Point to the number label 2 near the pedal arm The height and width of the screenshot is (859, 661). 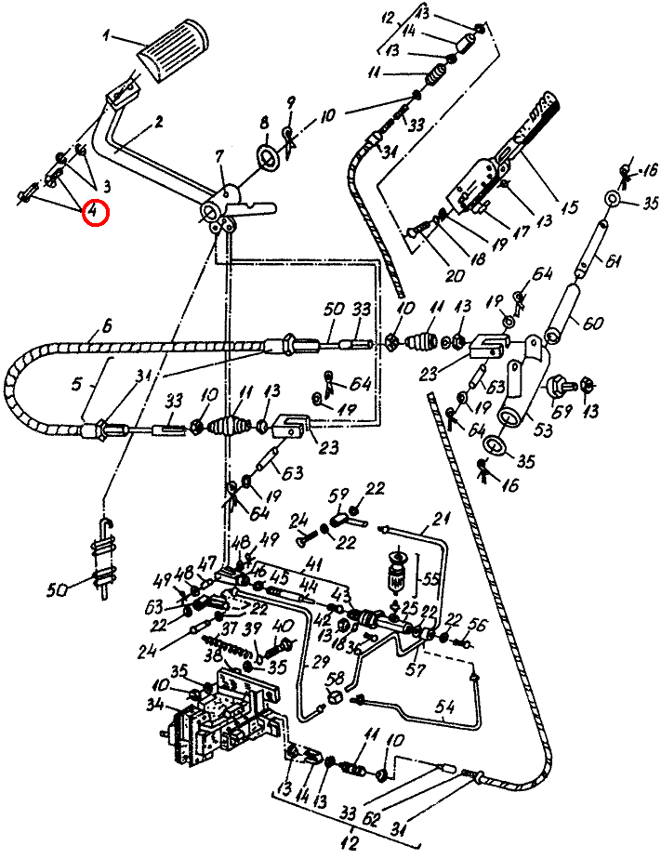pyautogui.click(x=159, y=122)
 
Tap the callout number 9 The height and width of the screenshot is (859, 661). pyautogui.click(x=290, y=101)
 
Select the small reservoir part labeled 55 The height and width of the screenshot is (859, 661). pyautogui.click(x=397, y=574)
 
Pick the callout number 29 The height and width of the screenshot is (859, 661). pyautogui.click(x=321, y=661)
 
